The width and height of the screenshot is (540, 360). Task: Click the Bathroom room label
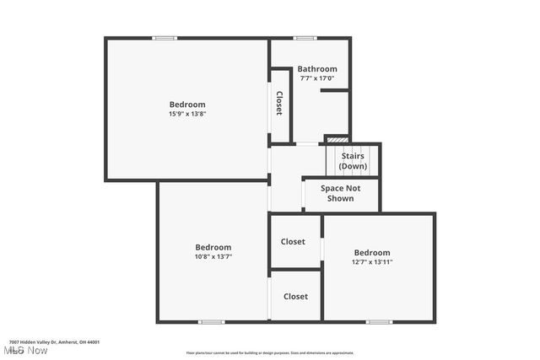[x=318, y=69]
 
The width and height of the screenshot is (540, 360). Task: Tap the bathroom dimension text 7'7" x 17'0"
[x=318, y=78]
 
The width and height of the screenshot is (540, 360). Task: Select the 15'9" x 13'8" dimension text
[x=187, y=115]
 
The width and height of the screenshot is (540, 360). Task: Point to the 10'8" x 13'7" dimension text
[x=213, y=256]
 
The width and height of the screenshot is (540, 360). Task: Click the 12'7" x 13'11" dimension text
[x=372, y=262]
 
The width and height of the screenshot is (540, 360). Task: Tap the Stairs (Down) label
[x=353, y=160]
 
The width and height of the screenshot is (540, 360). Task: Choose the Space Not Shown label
[x=341, y=193]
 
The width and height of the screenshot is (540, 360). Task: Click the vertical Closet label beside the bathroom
[x=279, y=103]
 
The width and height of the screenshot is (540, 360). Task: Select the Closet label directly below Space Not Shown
[x=293, y=242]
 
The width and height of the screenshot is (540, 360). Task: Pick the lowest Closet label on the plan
[x=295, y=297]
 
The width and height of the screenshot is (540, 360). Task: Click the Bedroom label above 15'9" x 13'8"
[x=187, y=105]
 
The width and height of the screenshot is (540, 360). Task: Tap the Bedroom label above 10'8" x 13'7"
[x=213, y=247]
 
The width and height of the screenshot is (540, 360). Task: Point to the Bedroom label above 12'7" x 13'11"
[x=372, y=253]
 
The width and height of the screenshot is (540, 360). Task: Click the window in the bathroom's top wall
[x=305, y=38]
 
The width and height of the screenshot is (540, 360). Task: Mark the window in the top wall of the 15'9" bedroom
[x=165, y=38]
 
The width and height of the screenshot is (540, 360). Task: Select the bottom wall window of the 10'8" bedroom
[x=211, y=321]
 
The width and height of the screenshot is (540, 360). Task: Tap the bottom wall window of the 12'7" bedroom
[x=379, y=321]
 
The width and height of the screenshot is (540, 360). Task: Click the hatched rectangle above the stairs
[x=337, y=138]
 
